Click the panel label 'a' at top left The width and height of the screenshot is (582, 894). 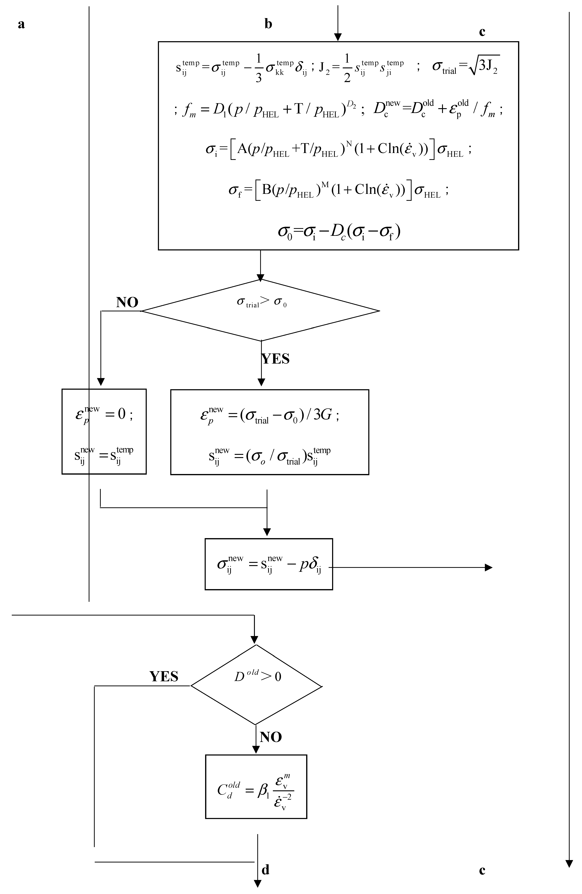21,24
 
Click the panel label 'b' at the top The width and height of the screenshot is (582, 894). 268,24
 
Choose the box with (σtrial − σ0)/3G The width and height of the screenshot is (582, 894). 270,432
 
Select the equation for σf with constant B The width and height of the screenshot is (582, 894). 339,190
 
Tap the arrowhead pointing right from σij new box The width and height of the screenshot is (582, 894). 488,568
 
